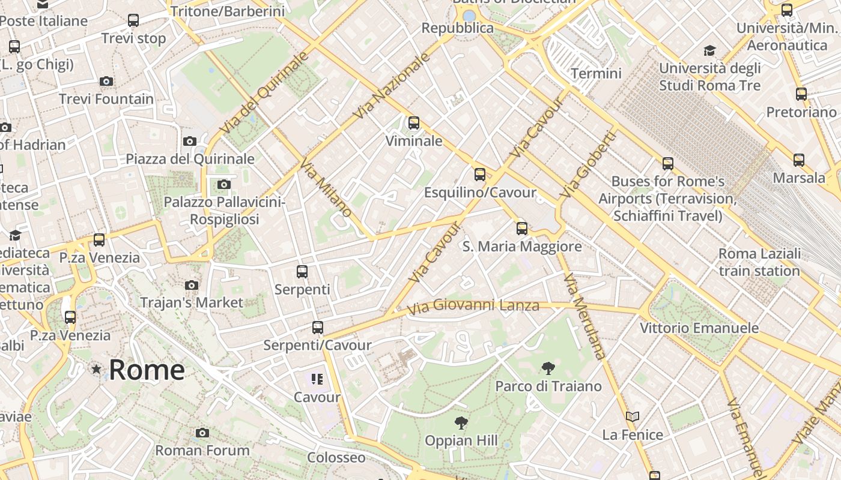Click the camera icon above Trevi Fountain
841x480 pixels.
click(106, 81)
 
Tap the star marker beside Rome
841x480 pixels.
click(96, 369)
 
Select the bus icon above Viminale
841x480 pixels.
click(414, 123)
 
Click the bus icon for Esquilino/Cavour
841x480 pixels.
click(480, 175)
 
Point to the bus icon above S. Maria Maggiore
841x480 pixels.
click(522, 228)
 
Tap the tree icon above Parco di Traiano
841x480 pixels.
click(548, 368)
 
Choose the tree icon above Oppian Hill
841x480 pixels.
click(461, 423)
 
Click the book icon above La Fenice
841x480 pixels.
click(632, 416)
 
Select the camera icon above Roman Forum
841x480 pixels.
click(202, 433)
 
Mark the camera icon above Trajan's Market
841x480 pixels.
click(192, 285)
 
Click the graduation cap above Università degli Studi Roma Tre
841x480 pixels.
click(710, 50)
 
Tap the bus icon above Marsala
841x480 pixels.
click(799, 160)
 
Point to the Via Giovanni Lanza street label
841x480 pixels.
click(473, 307)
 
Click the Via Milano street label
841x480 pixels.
click(326, 188)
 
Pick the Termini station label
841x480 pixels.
click(596, 74)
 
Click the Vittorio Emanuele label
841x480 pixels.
click(699, 328)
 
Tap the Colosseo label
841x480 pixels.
click(336, 457)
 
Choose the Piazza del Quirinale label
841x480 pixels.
click(190, 159)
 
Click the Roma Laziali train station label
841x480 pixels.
click(759, 262)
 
